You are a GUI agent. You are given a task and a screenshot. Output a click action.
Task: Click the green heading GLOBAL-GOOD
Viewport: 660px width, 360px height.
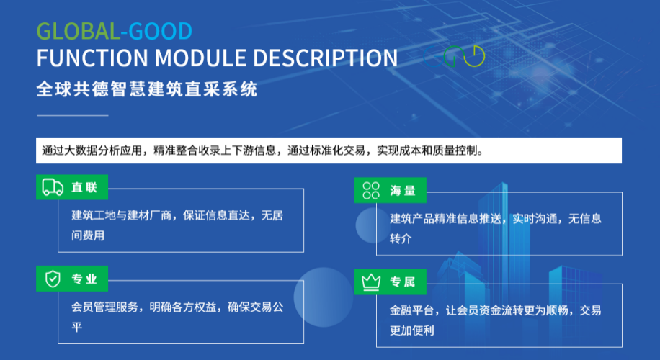tap(114, 31)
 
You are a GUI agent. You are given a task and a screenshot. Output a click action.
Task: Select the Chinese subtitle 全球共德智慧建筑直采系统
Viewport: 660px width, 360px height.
tap(146, 90)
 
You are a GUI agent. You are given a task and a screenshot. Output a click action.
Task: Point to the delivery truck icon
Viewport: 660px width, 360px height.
tap(53, 187)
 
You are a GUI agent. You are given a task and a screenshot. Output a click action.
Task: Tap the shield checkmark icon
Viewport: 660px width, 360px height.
tap(53, 279)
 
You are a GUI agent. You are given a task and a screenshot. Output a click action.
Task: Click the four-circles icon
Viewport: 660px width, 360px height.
tap(371, 190)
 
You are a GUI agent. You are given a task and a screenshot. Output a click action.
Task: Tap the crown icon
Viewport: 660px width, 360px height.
tap(371, 282)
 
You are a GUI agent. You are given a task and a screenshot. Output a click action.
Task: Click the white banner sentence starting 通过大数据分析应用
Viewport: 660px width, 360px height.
tap(263, 151)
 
